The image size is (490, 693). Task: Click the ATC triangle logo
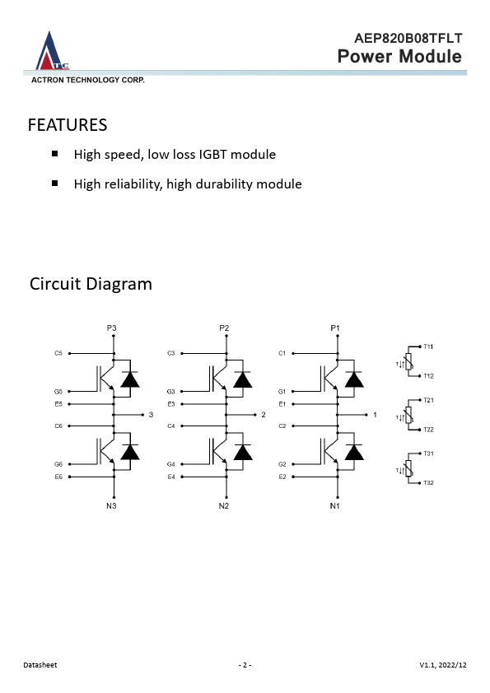tap(52, 51)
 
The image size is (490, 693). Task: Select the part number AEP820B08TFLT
tap(408, 39)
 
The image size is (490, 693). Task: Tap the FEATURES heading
tap(68, 125)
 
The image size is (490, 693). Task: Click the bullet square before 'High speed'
tap(55, 154)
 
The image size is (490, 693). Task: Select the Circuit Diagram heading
tap(91, 284)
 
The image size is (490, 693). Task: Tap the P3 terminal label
tap(111, 328)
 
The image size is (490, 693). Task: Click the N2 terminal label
tap(224, 505)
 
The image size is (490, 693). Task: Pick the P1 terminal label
tap(335, 328)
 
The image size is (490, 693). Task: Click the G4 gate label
tap(171, 464)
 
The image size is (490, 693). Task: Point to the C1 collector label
tap(282, 353)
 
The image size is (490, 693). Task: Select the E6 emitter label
tap(58, 477)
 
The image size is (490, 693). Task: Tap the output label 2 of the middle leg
tap(264, 415)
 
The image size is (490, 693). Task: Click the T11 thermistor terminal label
tap(428, 346)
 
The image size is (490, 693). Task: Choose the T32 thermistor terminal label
tap(428, 482)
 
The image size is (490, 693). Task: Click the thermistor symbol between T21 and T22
tap(408, 415)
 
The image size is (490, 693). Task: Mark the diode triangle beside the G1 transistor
tap(354, 379)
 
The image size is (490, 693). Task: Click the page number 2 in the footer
tap(245, 665)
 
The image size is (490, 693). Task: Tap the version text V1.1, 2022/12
tap(443, 665)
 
